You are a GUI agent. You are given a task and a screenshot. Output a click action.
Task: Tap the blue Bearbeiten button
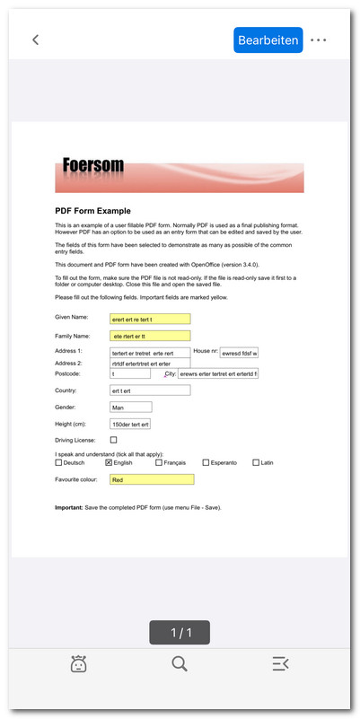[x=268, y=39]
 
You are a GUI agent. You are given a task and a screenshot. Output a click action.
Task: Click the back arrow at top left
[x=36, y=39]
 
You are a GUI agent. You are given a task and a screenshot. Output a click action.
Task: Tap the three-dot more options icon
[x=319, y=40]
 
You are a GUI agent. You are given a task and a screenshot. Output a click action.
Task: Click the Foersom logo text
[x=93, y=166]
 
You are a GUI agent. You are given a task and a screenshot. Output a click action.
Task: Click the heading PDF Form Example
[x=92, y=211]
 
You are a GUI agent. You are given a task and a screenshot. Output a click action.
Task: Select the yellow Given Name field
[x=150, y=319]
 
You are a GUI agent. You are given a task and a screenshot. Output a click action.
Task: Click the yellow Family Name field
[x=150, y=336]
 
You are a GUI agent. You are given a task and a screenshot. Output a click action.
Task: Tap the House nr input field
[x=240, y=353]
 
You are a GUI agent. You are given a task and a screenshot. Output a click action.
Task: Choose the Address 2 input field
[x=150, y=364]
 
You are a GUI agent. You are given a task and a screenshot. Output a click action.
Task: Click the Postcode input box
[x=129, y=373]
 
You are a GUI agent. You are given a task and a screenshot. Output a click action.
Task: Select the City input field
[x=218, y=373]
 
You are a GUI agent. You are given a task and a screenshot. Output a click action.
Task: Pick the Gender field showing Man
[x=130, y=408]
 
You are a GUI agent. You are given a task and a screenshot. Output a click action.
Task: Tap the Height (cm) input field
[x=130, y=424]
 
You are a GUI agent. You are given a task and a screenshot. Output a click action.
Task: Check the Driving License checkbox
[x=113, y=441]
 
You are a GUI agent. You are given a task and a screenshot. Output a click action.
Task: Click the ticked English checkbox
[x=109, y=463]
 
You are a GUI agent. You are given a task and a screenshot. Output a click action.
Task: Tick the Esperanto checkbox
[x=206, y=463]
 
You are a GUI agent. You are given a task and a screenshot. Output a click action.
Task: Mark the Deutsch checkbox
[x=59, y=463]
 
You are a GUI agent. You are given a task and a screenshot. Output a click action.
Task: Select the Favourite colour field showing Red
[x=151, y=480]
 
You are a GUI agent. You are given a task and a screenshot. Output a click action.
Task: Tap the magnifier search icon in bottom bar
[x=180, y=664]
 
